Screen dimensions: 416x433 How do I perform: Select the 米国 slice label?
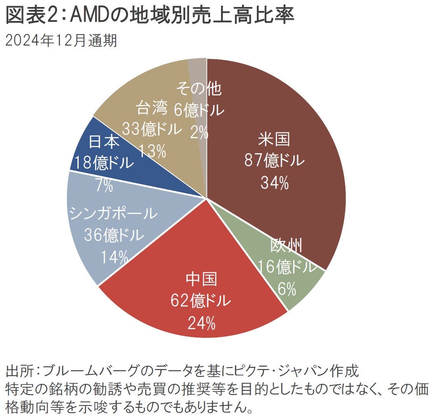pyautogui.click(x=274, y=139)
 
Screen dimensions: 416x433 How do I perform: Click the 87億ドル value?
pyautogui.click(x=274, y=161)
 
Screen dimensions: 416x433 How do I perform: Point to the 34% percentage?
pyautogui.click(x=274, y=183)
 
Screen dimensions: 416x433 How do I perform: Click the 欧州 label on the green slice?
pyautogui.click(x=286, y=246)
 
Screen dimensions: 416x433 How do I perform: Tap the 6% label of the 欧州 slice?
pyautogui.click(x=287, y=289)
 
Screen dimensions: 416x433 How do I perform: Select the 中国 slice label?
pyautogui.click(x=201, y=280)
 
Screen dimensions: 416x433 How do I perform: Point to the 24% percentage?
pyautogui.click(x=201, y=323)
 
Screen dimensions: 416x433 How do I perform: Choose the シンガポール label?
pyautogui.click(x=114, y=214)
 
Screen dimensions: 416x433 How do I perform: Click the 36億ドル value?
pyautogui.click(x=114, y=236)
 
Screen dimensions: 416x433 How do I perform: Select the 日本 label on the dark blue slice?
pyautogui.click(x=104, y=142)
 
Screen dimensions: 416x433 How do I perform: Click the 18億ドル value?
pyautogui.click(x=104, y=163)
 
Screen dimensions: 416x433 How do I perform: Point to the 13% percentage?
pyautogui.click(x=152, y=151)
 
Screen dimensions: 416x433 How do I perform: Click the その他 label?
pyautogui.click(x=198, y=88)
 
